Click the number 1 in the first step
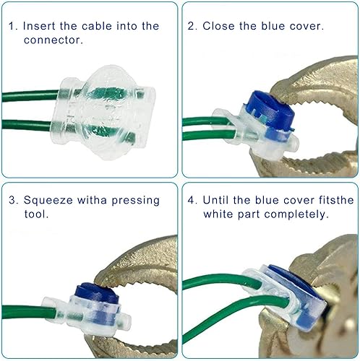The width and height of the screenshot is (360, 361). [12, 26]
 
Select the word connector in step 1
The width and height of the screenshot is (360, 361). [51, 40]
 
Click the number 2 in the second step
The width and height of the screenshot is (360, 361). [192, 26]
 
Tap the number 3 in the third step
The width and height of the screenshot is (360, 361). [12, 200]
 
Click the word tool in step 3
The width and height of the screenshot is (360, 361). [35, 214]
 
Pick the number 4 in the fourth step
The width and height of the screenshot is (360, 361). [192, 200]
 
